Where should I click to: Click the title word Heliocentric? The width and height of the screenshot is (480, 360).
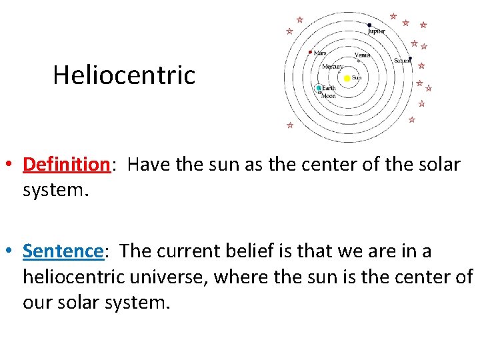coord(124,75)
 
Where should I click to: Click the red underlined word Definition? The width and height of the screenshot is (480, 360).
coord(66,164)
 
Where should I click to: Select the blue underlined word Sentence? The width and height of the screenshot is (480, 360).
coord(63,251)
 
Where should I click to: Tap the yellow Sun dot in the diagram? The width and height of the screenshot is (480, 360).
coord(347,78)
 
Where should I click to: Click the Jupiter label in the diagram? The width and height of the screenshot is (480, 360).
coord(377,31)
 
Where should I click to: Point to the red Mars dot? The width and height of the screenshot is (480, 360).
coord(310,51)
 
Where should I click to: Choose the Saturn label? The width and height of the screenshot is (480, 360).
coord(401,61)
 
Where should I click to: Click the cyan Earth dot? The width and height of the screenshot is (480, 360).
coord(319,88)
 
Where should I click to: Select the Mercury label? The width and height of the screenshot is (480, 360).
coord(332,67)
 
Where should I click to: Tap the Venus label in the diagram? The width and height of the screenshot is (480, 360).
coord(362,55)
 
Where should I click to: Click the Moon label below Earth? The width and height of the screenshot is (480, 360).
coord(329,95)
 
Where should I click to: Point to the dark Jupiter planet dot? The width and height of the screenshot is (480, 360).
coord(369,25)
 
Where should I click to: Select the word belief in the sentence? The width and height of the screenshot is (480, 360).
coord(226,251)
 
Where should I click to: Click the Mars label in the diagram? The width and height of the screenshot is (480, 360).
coord(320,53)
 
